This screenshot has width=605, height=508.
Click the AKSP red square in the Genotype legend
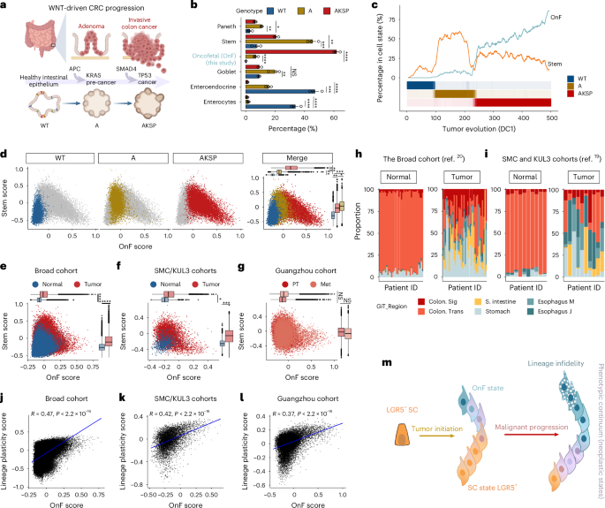[358, 7]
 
